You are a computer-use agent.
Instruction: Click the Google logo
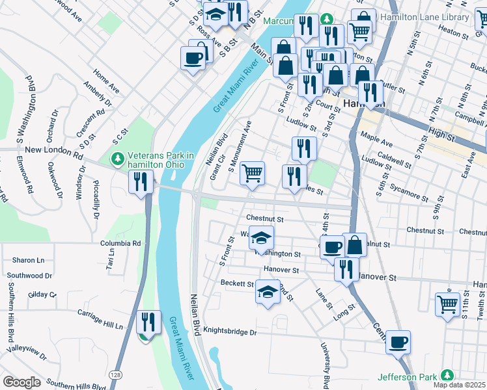pos(21,382)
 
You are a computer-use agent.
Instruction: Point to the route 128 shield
pos(115,376)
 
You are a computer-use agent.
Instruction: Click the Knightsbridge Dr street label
pos(230,332)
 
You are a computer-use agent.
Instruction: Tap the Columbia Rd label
pos(120,243)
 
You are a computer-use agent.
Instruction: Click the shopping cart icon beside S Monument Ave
pos(252,174)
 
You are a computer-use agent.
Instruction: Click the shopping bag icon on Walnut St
pos(355,245)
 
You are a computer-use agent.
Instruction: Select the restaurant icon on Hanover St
pos(346,268)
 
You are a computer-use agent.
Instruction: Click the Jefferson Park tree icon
pos(447,376)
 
